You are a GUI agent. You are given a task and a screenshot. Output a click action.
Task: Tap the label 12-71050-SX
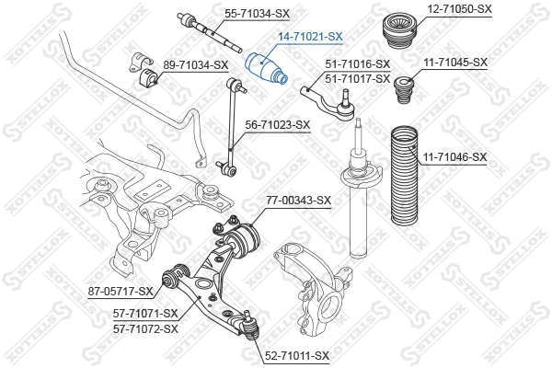459,8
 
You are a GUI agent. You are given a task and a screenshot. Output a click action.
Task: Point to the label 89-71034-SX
195,64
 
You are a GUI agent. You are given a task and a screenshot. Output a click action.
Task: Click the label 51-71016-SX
358,64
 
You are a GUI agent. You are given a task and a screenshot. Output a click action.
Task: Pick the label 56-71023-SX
277,123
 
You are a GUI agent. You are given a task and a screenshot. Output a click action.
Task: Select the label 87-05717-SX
121,292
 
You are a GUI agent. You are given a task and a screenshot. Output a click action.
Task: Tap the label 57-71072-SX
145,328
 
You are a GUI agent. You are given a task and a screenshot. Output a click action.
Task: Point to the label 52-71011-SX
296,354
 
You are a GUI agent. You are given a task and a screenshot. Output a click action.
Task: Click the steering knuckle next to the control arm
307,276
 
